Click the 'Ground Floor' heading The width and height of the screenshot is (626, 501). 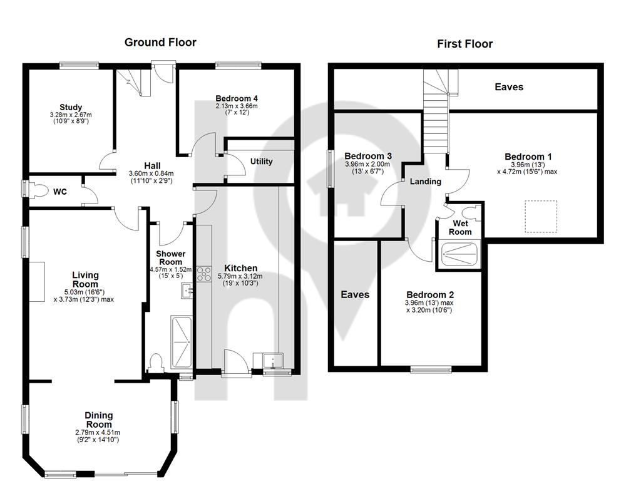160,43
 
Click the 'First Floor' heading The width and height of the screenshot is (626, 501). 464,44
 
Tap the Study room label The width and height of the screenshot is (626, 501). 71,107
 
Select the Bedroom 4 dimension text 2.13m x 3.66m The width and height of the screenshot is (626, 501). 237,106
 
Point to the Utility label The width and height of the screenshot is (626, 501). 262,162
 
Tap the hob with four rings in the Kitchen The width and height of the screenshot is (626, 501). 203,274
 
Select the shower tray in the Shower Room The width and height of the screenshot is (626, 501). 182,342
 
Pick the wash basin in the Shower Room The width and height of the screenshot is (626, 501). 187,291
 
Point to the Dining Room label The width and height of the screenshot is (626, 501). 99,420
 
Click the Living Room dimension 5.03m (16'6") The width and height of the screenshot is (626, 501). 85,292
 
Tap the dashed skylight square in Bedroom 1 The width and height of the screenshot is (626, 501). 541,217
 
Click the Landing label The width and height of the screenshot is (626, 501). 426,182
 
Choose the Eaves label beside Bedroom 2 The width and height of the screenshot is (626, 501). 355,294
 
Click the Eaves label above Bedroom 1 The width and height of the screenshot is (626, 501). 509,86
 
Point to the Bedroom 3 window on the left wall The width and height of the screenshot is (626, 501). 330,168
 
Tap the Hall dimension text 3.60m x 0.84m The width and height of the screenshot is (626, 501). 151,173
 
